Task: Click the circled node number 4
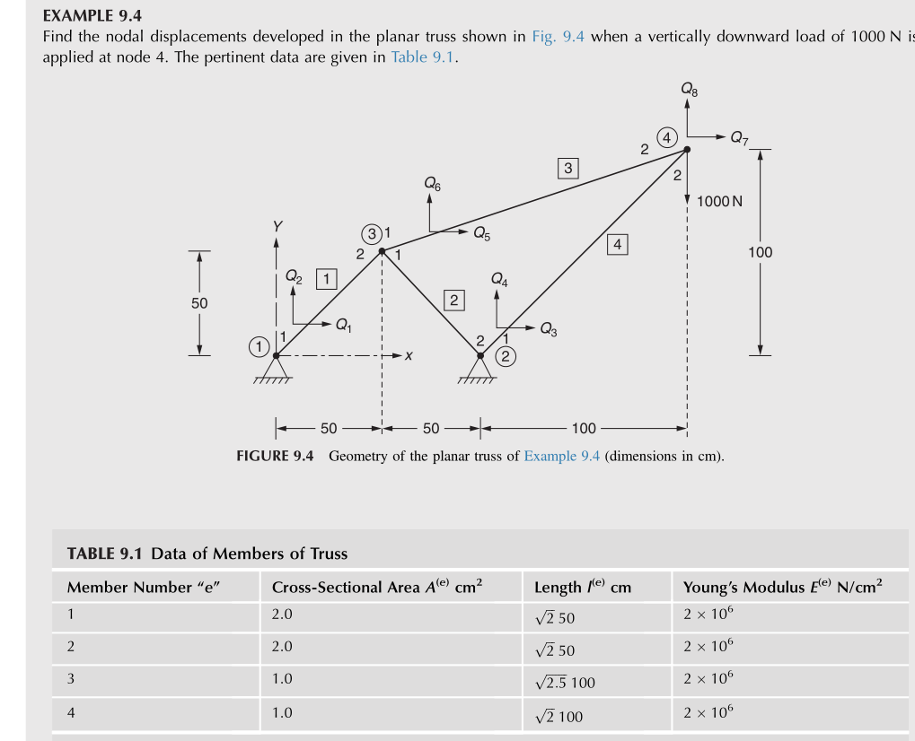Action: (666, 137)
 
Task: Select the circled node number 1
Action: (259, 345)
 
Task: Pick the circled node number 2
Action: (506, 357)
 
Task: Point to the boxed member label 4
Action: (617, 243)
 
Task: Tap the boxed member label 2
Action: (454, 300)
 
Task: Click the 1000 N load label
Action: (719, 201)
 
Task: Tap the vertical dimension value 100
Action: (760, 252)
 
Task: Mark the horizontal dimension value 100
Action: (584, 428)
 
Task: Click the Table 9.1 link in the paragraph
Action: (424, 57)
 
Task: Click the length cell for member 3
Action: (564, 682)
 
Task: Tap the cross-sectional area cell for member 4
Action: (282, 713)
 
